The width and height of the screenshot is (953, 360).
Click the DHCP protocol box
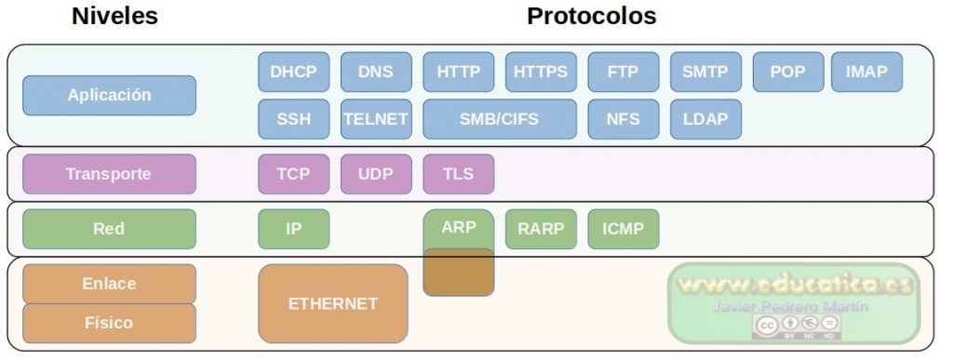tap(293, 72)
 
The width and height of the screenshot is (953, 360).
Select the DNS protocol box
tap(376, 72)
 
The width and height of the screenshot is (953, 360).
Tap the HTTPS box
tap(541, 72)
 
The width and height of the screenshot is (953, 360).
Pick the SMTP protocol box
tap(705, 72)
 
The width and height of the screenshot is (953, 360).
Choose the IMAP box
tap(866, 72)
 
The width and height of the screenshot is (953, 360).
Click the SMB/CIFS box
tap(500, 119)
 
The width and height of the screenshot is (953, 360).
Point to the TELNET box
tap(376, 119)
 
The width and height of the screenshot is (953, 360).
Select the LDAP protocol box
tap(705, 119)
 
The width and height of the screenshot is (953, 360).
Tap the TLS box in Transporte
tap(458, 174)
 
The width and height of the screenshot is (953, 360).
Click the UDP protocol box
tap(376, 174)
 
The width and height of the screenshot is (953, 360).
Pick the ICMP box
tap(623, 229)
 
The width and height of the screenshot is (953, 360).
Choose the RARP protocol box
tap(541, 229)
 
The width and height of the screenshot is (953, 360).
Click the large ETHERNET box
tap(333, 303)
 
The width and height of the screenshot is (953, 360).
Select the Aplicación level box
tap(110, 95)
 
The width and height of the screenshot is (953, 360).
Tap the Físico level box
tap(110, 323)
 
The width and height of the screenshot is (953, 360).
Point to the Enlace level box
tap(110, 284)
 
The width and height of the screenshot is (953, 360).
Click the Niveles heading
tap(114, 16)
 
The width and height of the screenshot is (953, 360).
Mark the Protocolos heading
tap(591, 16)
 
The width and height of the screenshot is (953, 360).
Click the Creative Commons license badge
tap(797, 327)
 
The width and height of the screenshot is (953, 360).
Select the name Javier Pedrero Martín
tap(791, 307)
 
